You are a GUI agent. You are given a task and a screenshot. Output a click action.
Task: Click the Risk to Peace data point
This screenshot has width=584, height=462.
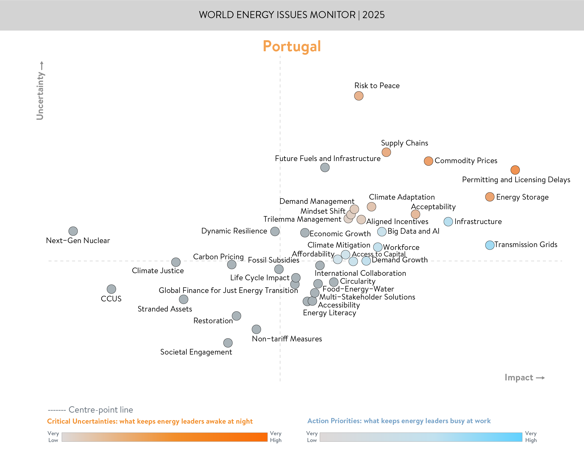[x=358, y=96]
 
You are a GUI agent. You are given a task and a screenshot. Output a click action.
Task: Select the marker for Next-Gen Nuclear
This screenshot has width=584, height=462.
[x=73, y=231]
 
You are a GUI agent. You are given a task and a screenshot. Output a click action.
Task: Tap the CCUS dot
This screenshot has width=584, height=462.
[x=111, y=289]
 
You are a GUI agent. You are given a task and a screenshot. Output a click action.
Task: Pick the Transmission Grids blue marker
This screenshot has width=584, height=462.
[x=490, y=245]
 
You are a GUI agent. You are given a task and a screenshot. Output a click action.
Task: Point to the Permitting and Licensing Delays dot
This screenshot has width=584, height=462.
[x=515, y=170]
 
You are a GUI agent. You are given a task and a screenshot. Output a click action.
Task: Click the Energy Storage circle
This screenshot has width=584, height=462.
[x=490, y=197]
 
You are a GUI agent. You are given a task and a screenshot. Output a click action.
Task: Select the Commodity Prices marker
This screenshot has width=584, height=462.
[x=428, y=161]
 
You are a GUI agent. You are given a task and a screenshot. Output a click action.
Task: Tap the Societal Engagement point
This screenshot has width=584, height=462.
[x=228, y=343]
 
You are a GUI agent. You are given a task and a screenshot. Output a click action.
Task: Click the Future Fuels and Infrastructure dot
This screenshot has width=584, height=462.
[x=325, y=167]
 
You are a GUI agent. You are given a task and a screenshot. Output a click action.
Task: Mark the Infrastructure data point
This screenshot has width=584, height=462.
[x=448, y=221]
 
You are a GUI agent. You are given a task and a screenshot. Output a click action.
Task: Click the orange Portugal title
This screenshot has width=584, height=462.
[x=292, y=46]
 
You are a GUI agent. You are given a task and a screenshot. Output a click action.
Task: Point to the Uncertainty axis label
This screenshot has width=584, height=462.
[x=40, y=96]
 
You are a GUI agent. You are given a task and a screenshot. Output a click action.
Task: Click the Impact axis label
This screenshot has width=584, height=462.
[x=519, y=377]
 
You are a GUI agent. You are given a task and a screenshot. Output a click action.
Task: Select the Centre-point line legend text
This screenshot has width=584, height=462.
[x=101, y=410]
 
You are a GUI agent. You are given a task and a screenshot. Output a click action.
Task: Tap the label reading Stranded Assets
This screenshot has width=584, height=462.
[x=165, y=309]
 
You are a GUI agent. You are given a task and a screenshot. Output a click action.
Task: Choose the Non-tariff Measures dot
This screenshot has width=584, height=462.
[x=256, y=329]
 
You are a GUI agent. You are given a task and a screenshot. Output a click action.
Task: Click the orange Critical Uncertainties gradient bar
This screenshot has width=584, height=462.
[x=164, y=437]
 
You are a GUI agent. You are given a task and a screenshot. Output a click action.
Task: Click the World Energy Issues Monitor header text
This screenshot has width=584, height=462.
[x=292, y=15]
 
